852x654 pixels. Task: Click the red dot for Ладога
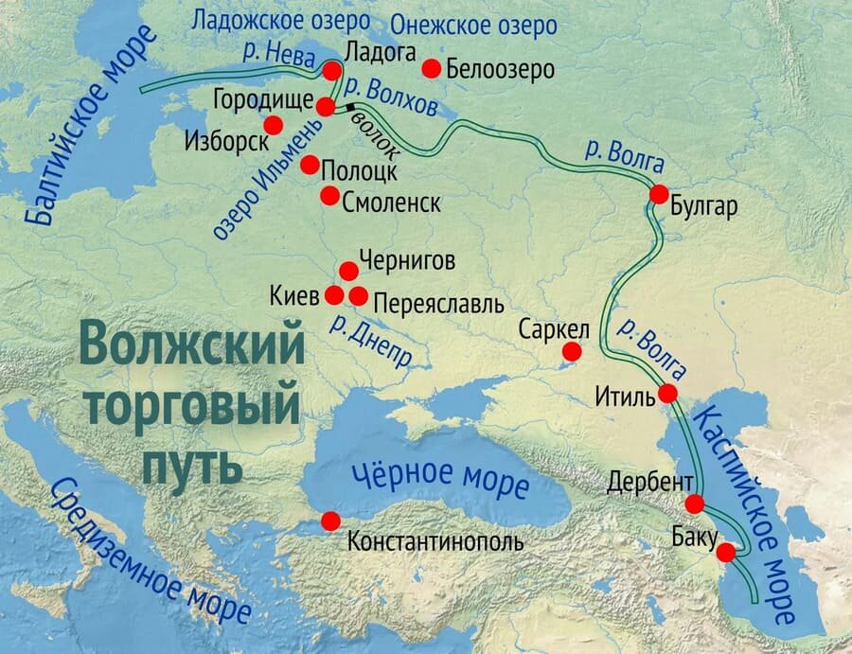[x=331, y=71]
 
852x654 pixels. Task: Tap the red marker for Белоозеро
[x=431, y=68]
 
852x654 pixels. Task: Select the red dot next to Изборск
[x=274, y=125]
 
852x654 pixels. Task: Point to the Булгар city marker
[x=659, y=194]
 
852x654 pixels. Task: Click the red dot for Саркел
[x=572, y=352]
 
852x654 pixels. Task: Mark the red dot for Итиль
[x=667, y=393]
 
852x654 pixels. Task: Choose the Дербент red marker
[x=695, y=504]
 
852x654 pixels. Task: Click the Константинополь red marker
[x=330, y=521]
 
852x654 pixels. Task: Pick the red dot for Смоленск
[x=329, y=196]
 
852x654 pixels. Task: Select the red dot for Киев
[x=334, y=295]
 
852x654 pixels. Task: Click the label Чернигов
[x=407, y=261]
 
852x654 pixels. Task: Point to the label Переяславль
[x=438, y=305]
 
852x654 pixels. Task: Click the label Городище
[x=258, y=98]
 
